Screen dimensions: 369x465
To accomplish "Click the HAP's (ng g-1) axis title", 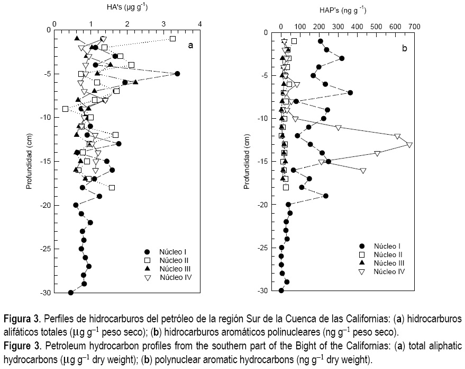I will [x=343, y=10].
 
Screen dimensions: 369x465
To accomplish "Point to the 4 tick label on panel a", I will [x=200, y=23].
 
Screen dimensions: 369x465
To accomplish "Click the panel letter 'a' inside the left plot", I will [x=191, y=46].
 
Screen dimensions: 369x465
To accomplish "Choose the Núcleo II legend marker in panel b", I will [x=362, y=254].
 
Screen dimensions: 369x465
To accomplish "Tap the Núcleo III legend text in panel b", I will [x=389, y=263].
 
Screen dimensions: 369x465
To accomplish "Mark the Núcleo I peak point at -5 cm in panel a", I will [x=177, y=74].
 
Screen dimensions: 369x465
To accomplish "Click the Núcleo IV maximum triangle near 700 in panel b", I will [x=409, y=144].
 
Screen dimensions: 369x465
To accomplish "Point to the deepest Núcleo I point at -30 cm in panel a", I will [x=70, y=293].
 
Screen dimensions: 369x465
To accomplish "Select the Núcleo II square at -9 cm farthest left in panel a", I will [x=65, y=109].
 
